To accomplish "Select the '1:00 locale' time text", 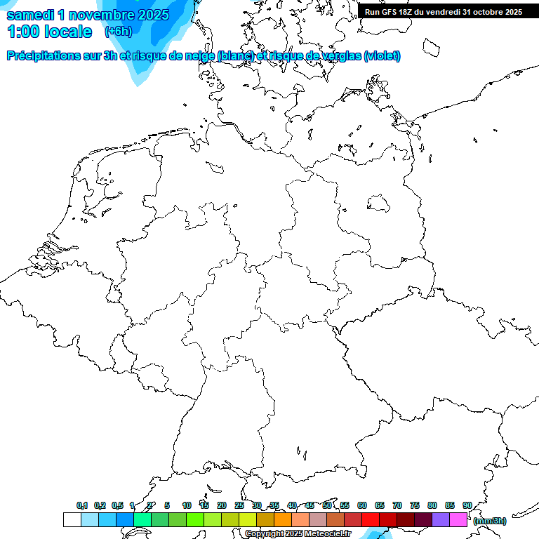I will click(49, 32).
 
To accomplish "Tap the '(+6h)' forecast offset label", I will click(118, 32).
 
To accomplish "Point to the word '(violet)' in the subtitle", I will click(382, 55).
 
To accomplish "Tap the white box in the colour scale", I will click(72, 519).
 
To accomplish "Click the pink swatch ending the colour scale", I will click(458, 519).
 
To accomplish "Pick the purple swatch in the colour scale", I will click(441, 519).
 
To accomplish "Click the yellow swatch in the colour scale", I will click(248, 519).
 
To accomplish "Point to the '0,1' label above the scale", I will click(82, 505).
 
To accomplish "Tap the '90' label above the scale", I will click(467, 505).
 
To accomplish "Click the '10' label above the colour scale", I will click(186, 505).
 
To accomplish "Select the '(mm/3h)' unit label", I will click(489, 521).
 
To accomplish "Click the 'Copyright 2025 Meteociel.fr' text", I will click(298, 534).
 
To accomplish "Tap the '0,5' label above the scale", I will click(117, 505).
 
